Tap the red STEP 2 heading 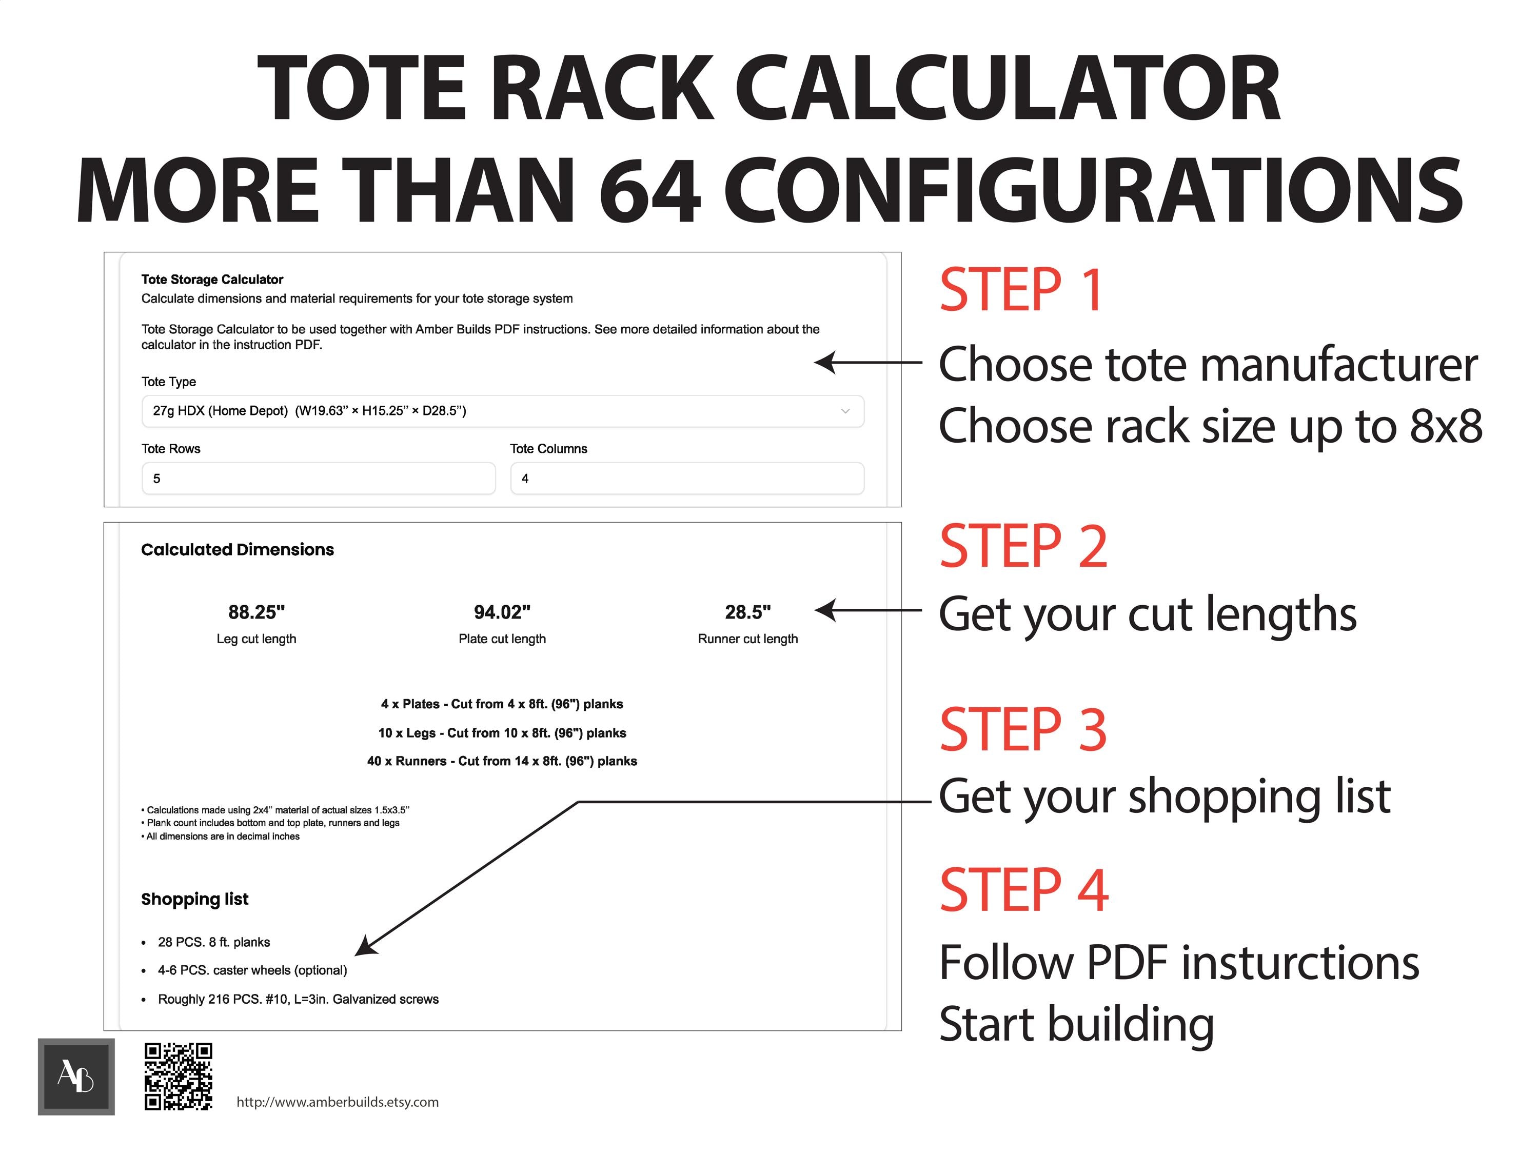(x=1023, y=547)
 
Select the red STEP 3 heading (x=1023, y=730)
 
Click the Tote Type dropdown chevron (x=845, y=411)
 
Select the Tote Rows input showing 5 (x=318, y=479)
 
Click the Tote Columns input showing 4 (x=687, y=479)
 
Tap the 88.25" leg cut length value (x=256, y=612)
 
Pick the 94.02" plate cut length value (x=502, y=612)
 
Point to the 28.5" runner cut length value (x=747, y=612)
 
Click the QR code (x=178, y=1076)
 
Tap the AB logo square (x=76, y=1077)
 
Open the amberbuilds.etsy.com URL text (x=338, y=1102)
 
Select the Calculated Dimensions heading (x=237, y=549)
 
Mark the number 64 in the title (x=648, y=189)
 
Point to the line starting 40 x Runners (x=502, y=761)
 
